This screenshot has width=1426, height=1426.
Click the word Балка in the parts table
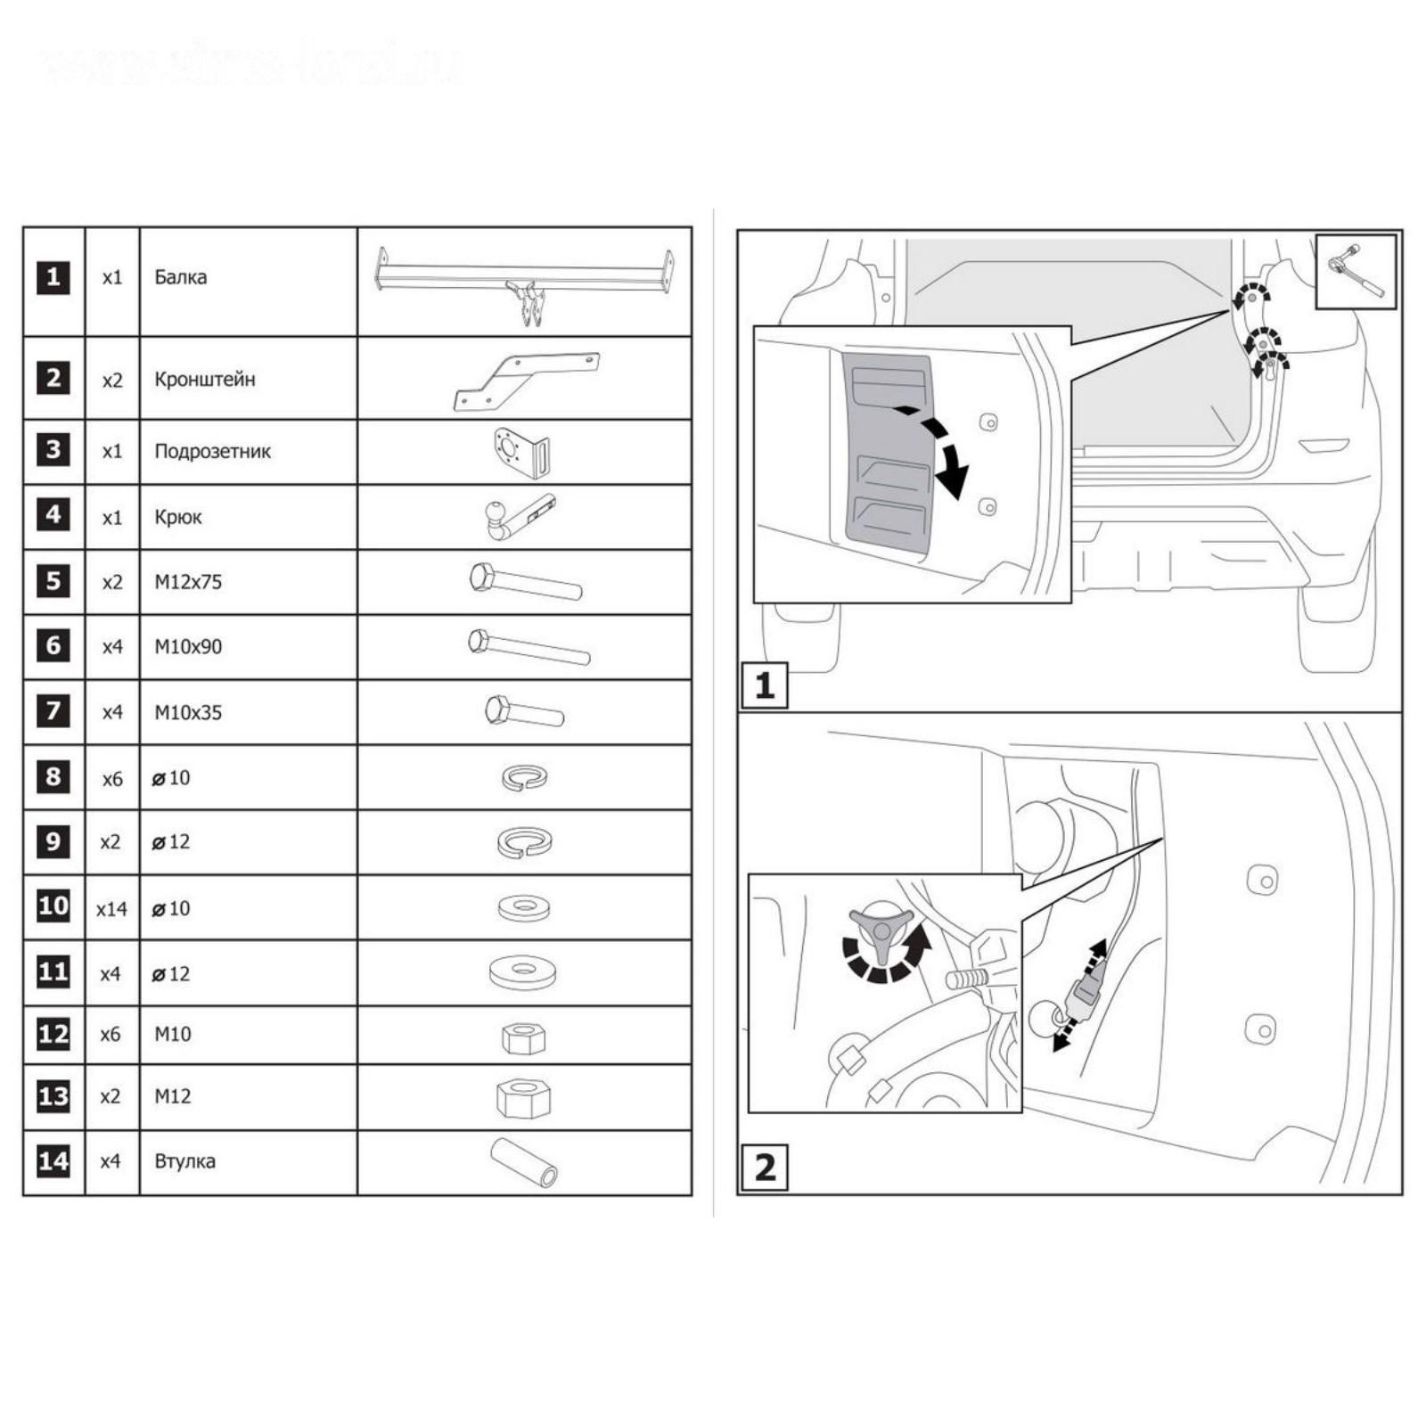click(180, 277)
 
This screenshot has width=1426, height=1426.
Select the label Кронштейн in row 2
click(204, 380)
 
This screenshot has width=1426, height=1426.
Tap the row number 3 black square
click(53, 450)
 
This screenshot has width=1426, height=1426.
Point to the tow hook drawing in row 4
click(519, 517)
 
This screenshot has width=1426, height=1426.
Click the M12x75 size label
click(188, 582)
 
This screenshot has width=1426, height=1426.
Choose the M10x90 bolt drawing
click(529, 647)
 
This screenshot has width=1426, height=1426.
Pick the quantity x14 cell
click(111, 909)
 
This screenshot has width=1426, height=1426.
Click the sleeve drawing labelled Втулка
click(524, 1162)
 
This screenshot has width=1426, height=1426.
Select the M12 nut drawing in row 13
click(523, 1098)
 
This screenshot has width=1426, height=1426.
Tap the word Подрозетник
click(212, 451)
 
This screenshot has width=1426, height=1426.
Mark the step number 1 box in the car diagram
click(765, 685)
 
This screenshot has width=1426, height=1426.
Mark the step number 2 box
click(765, 1167)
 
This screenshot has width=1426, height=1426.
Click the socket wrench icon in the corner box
click(1356, 271)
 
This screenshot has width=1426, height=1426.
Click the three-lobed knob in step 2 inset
click(881, 934)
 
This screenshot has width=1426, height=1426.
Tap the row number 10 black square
click(53, 907)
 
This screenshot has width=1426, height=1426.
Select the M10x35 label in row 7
click(188, 713)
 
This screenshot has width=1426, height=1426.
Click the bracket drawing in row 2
click(526, 381)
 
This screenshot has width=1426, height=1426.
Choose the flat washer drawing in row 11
click(523, 972)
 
